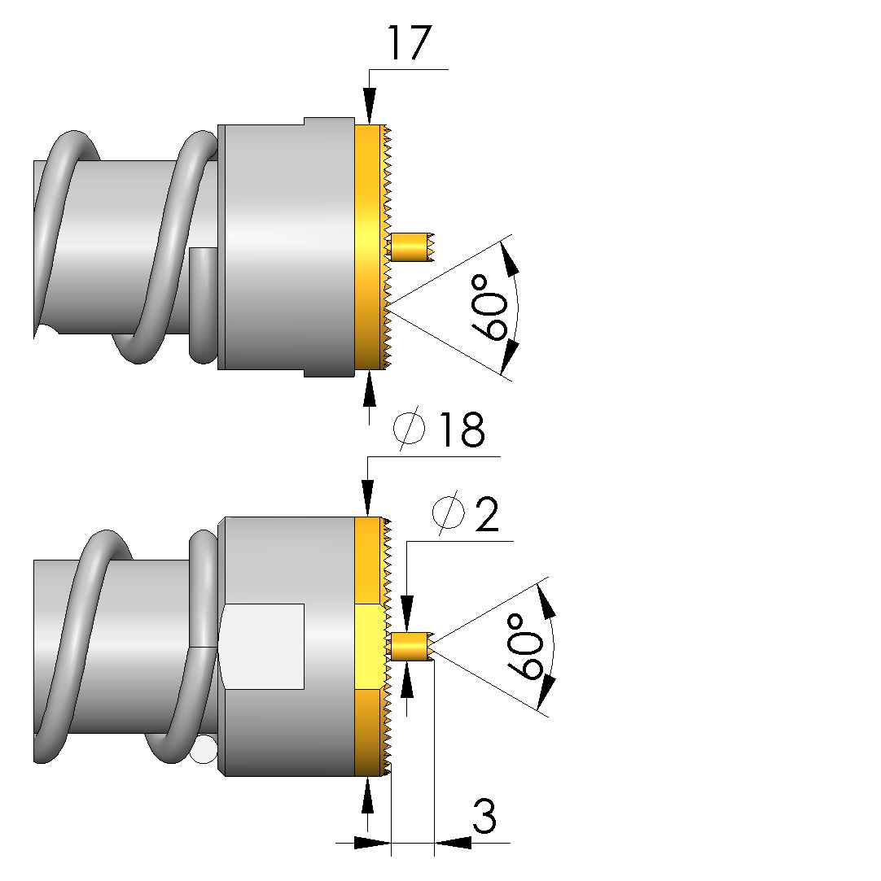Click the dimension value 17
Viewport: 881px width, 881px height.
point(407,43)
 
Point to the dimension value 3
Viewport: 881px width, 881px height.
point(484,818)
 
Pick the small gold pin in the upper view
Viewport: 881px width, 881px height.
point(411,247)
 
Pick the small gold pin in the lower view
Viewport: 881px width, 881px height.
point(411,647)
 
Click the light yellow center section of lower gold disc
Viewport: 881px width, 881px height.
point(370,647)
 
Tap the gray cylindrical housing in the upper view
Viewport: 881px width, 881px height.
point(285,244)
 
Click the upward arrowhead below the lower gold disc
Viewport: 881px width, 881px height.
point(368,797)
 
